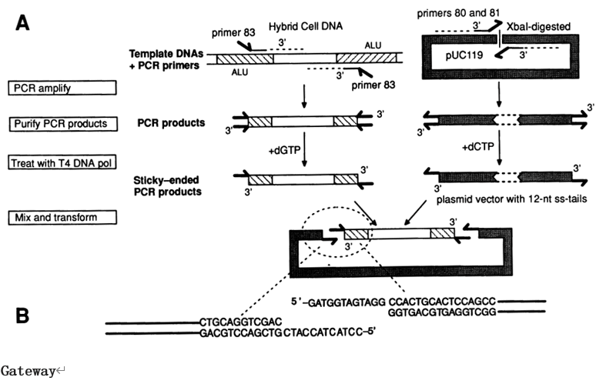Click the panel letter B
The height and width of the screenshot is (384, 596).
[x=25, y=315]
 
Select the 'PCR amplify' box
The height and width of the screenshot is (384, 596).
[x=61, y=88]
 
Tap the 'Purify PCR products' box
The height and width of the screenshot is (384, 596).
[x=61, y=123]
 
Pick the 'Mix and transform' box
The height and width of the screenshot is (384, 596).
[x=61, y=219]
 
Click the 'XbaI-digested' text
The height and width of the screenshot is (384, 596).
[x=542, y=25]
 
